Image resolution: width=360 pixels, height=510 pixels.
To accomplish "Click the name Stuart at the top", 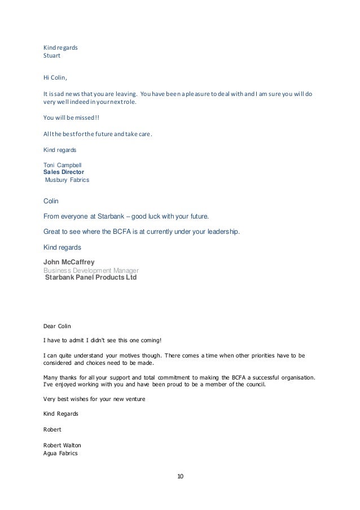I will coord(52,56).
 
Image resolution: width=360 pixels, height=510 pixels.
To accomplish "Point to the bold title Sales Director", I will coord(64,172).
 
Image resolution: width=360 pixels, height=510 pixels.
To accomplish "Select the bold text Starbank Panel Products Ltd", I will coord(90,278).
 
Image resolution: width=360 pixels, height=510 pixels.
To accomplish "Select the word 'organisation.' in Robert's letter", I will coord(296,377).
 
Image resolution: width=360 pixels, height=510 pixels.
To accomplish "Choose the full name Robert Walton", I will coord(62,444).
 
